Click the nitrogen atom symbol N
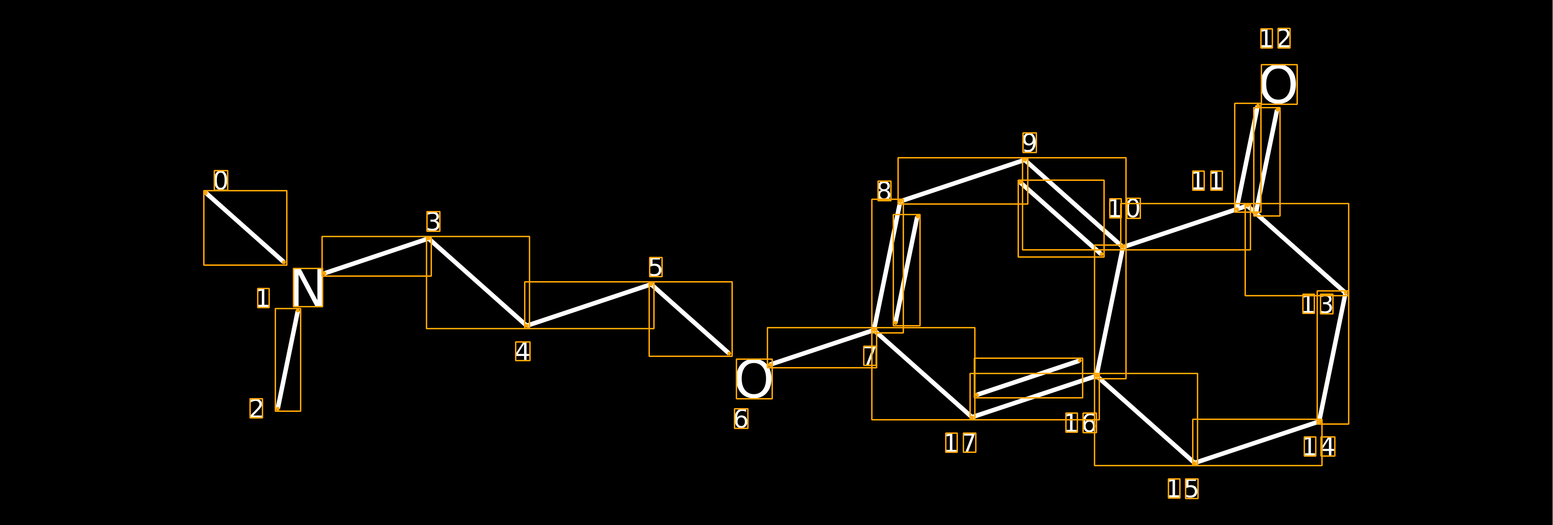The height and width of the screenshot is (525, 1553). click(x=308, y=288)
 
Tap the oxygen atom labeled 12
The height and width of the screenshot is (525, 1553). click(x=1279, y=84)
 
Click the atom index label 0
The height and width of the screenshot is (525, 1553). click(x=221, y=180)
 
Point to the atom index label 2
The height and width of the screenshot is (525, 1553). click(x=256, y=409)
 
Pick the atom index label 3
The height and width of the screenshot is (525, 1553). click(x=433, y=221)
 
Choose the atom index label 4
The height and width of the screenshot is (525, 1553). click(x=523, y=351)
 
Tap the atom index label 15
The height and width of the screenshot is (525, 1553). click(x=1183, y=489)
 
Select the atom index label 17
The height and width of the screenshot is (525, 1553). click(x=960, y=443)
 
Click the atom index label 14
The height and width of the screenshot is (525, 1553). click(x=1319, y=447)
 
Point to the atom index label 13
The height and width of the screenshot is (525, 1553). click(x=1317, y=304)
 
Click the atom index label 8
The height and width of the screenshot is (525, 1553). click(x=884, y=191)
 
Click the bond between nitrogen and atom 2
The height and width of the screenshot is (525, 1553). click(x=288, y=360)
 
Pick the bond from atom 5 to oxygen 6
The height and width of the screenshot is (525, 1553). click(x=691, y=319)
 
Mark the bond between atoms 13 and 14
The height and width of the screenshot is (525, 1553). click(x=1332, y=357)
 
